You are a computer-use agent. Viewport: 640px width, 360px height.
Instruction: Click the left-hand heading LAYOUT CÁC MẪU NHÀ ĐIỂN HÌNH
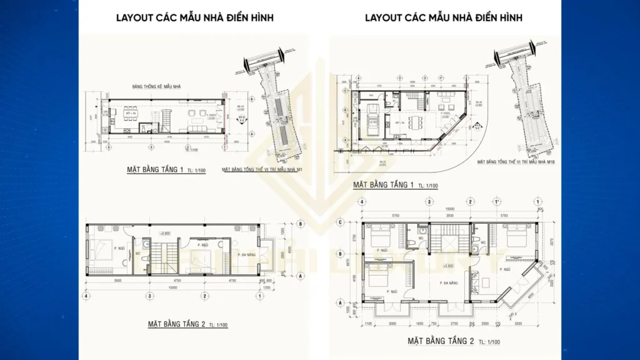tap(194, 18)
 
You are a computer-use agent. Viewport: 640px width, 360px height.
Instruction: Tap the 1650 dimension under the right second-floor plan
tap(422, 324)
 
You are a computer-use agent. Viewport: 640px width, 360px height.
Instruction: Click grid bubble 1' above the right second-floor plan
tap(496, 201)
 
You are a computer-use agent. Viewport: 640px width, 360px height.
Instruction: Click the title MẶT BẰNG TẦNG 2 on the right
tap(441, 341)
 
